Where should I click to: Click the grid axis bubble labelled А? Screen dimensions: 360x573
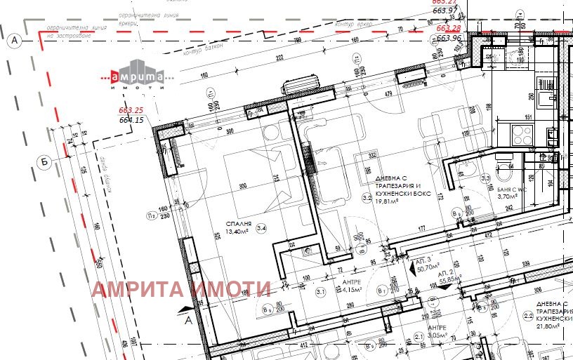click(14, 41)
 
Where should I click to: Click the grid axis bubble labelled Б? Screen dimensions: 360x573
click(44, 162)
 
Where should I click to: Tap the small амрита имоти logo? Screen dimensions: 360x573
click(136, 79)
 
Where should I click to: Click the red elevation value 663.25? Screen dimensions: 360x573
click(131, 110)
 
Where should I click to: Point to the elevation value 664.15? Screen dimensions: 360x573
click(131, 120)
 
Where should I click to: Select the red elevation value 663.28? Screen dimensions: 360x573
click(448, 28)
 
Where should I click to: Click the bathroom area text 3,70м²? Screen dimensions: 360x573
click(507, 197)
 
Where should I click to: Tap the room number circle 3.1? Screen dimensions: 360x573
click(322, 291)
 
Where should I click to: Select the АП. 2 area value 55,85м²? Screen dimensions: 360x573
click(450, 279)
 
